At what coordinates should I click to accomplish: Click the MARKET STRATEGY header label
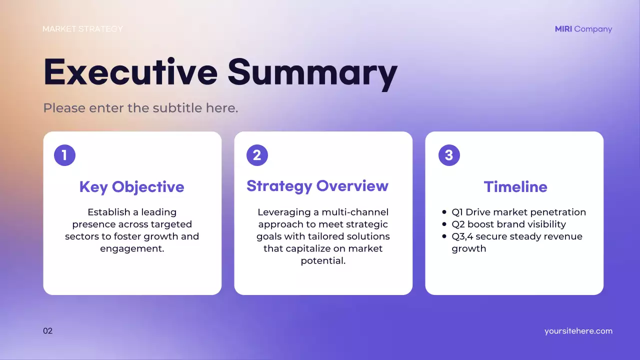[x=82, y=29]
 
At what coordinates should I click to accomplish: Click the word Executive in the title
[x=130, y=72]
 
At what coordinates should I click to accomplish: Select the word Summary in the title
[x=312, y=72]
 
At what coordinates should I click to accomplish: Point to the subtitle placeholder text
[x=140, y=108]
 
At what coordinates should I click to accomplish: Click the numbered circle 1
[x=64, y=155]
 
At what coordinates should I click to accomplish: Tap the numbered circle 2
[x=257, y=155]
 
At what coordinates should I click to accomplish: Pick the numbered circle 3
[x=449, y=155]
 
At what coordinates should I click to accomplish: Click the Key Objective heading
[x=132, y=187]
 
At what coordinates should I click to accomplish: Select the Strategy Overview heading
[x=317, y=186]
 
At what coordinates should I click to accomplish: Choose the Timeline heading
[x=515, y=187]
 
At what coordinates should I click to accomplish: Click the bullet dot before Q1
[x=444, y=212]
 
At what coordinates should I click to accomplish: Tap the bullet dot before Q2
[x=444, y=224]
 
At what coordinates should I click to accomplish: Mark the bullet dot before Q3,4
[x=444, y=236]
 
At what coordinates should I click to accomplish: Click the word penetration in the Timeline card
[x=556, y=212]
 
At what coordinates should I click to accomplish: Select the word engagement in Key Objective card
[x=131, y=248]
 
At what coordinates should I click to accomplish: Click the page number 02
[x=47, y=331]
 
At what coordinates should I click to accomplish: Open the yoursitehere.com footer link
[x=578, y=331]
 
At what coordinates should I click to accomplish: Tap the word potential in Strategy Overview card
[x=323, y=260]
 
